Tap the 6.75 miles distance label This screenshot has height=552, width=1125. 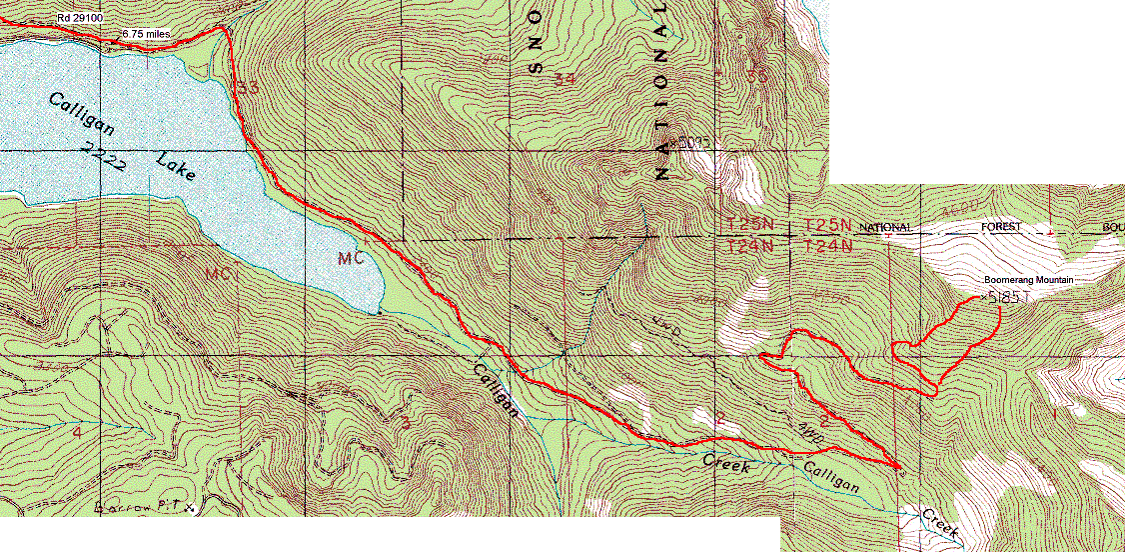click(x=147, y=34)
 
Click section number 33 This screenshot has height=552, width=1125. click(x=248, y=89)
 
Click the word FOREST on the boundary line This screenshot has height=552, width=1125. click(x=1000, y=228)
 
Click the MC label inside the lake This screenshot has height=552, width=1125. click(x=350, y=259)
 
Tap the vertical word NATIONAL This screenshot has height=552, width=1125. click(x=661, y=90)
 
